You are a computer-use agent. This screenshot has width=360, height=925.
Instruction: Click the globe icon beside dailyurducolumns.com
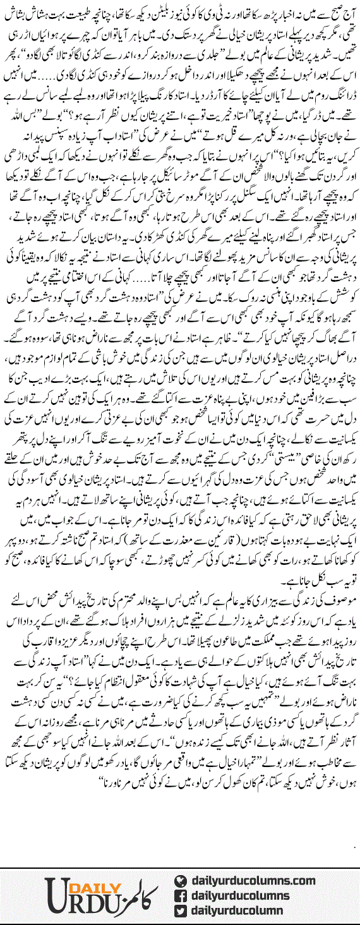pos(180,881)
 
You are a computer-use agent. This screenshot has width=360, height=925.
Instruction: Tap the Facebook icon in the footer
pos(180,895)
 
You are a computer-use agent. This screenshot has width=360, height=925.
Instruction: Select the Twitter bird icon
pos(180,910)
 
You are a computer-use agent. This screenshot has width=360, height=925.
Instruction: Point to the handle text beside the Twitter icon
pos(244,910)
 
